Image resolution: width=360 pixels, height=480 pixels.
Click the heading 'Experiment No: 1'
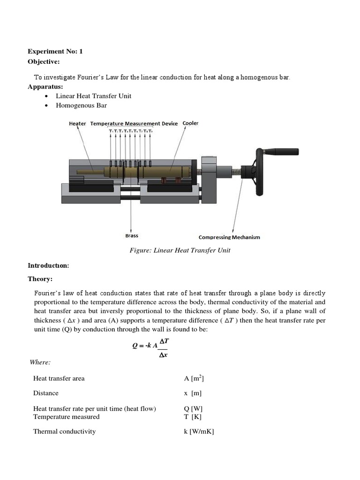[x=55, y=52]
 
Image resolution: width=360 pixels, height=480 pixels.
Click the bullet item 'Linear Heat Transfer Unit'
[x=93, y=96]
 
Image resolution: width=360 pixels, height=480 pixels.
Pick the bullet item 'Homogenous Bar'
[x=81, y=105]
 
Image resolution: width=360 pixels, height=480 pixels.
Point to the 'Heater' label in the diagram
[x=77, y=123]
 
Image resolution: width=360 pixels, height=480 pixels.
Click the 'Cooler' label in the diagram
[x=190, y=123]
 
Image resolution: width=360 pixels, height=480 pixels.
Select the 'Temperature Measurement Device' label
[x=134, y=123]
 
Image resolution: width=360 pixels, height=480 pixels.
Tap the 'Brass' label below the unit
[x=132, y=236]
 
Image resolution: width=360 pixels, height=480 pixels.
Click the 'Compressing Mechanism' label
[x=229, y=237]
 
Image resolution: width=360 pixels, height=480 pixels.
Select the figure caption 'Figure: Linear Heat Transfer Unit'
[x=180, y=250]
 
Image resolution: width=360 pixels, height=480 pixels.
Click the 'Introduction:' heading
[x=48, y=265]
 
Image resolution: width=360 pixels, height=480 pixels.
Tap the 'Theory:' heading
[x=40, y=279]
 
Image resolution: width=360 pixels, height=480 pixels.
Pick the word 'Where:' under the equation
[x=40, y=362]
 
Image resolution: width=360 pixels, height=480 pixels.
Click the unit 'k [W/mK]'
[x=199, y=431]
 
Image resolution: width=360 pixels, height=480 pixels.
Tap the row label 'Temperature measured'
[x=66, y=417]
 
